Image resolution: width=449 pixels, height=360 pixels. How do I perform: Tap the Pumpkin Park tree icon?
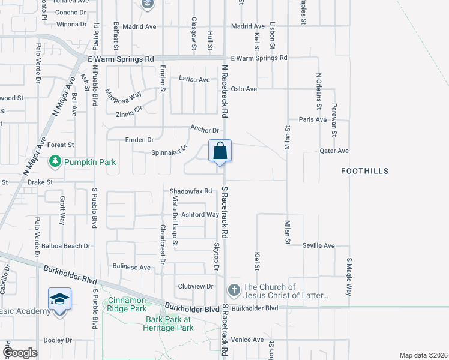tap(55, 161)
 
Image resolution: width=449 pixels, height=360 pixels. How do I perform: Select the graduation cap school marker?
tap(60, 299)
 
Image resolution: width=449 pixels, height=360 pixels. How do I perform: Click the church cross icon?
tap(234, 291)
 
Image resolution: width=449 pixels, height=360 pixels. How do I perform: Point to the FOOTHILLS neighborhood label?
tap(364, 171)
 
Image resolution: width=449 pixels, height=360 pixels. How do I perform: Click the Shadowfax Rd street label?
tap(191, 191)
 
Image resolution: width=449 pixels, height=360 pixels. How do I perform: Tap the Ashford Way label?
tap(200, 214)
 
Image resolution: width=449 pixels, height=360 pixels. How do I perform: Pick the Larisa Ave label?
tap(194, 79)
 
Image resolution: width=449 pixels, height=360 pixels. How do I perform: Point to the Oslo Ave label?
tap(244, 89)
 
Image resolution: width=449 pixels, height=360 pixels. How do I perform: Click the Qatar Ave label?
tap(334, 151)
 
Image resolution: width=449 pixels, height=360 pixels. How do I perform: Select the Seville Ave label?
tap(318, 246)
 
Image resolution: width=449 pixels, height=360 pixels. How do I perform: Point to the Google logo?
tap(20, 353)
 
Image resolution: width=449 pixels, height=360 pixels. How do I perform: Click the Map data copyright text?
tap(423, 355)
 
